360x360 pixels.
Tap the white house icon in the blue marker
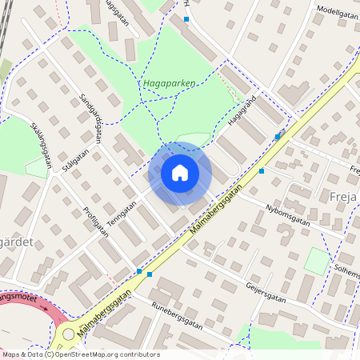pyautogui.click(x=180, y=172)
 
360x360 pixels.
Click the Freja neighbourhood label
pyautogui.click(x=342, y=196)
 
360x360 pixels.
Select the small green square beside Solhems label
pyautogui.click(x=317, y=261)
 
